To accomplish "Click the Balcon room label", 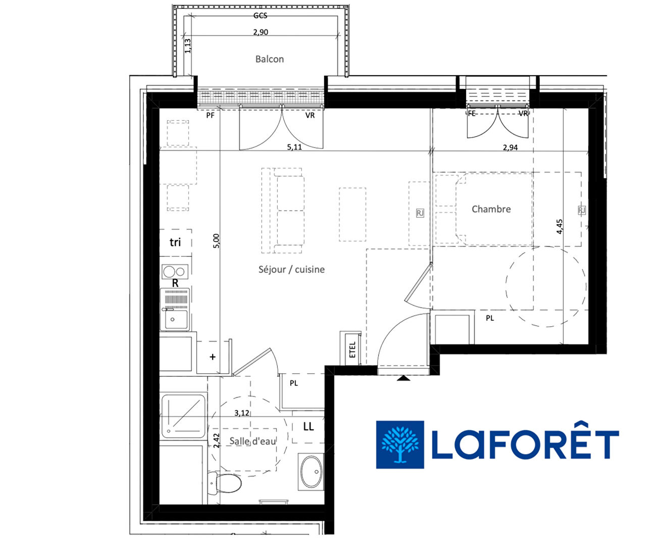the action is [x=270, y=59].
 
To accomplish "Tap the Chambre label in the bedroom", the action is [x=491, y=209].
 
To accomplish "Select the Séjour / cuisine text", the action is [x=291, y=269].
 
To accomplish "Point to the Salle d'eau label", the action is [x=252, y=441].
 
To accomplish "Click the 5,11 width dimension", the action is [x=294, y=147].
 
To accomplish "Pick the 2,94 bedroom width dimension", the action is [x=510, y=147].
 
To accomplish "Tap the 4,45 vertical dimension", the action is [x=559, y=227].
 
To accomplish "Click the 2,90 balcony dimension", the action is [x=261, y=32].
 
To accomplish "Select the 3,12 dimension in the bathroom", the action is [x=242, y=413].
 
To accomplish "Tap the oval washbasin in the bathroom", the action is [x=312, y=472].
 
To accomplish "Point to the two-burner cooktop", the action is [x=175, y=272].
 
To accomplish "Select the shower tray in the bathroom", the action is [x=183, y=416].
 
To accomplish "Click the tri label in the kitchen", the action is [x=175, y=242].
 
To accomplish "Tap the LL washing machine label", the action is [x=308, y=427].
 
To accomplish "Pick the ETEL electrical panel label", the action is [x=352, y=350].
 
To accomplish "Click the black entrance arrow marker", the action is [x=403, y=378].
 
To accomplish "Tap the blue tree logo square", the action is [x=400, y=444].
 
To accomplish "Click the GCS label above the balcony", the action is [x=261, y=16].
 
